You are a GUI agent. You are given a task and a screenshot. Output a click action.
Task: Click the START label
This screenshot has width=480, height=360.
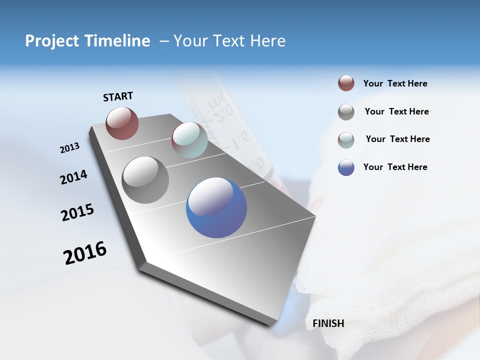(x=118, y=96)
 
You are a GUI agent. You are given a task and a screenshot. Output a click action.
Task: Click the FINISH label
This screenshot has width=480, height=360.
(x=328, y=323)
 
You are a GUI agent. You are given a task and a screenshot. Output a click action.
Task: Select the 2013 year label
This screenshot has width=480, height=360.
(x=69, y=148)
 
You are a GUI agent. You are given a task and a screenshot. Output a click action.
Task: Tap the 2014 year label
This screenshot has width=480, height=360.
(x=73, y=177)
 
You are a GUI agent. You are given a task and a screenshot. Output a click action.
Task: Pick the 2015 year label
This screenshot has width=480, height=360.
(x=77, y=212)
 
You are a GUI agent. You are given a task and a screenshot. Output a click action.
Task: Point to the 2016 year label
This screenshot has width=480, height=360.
(x=85, y=253)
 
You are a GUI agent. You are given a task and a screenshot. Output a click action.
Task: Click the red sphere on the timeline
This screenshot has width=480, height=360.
(x=122, y=123)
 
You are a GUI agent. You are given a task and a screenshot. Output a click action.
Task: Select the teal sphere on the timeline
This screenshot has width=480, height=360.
(x=189, y=140)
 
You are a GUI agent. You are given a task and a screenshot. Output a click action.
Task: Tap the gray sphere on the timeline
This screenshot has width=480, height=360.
(x=145, y=179)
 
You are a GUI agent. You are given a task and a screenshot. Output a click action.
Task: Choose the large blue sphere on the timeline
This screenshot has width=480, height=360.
(x=216, y=207)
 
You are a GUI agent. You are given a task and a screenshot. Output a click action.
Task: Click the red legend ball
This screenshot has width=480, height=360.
(x=346, y=83)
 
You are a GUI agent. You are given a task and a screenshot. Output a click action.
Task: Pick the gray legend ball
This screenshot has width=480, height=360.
(x=346, y=112)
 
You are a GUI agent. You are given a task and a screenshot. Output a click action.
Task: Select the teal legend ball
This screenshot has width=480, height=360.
(x=346, y=139)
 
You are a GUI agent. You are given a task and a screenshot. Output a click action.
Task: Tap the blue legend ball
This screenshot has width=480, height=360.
(x=346, y=167)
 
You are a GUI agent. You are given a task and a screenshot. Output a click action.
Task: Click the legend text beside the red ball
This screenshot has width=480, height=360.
(x=395, y=83)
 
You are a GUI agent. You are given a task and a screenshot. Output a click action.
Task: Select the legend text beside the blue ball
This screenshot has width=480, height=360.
(x=395, y=167)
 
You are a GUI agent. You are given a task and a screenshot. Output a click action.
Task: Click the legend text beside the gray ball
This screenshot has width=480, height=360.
(x=396, y=111)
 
